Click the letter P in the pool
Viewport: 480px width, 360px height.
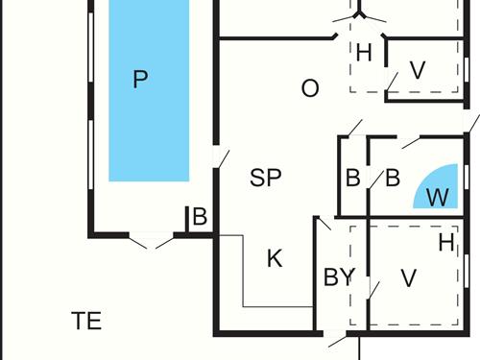[141, 80]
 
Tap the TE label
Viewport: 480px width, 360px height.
[86, 321]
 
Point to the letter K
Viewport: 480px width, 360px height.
[275, 258]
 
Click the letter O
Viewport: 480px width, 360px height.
[310, 89]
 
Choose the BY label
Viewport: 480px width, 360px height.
[339, 278]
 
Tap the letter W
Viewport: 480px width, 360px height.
[438, 198]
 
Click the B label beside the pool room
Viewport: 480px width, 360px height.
[200, 217]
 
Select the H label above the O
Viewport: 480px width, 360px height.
[364, 54]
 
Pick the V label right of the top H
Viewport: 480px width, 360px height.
[418, 71]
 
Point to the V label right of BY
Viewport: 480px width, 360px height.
[409, 278]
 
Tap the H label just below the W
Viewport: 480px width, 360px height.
[446, 243]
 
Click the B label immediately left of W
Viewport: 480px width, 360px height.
[392, 178]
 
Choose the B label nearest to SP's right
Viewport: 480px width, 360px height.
[353, 178]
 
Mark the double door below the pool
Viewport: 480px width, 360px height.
[150, 240]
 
